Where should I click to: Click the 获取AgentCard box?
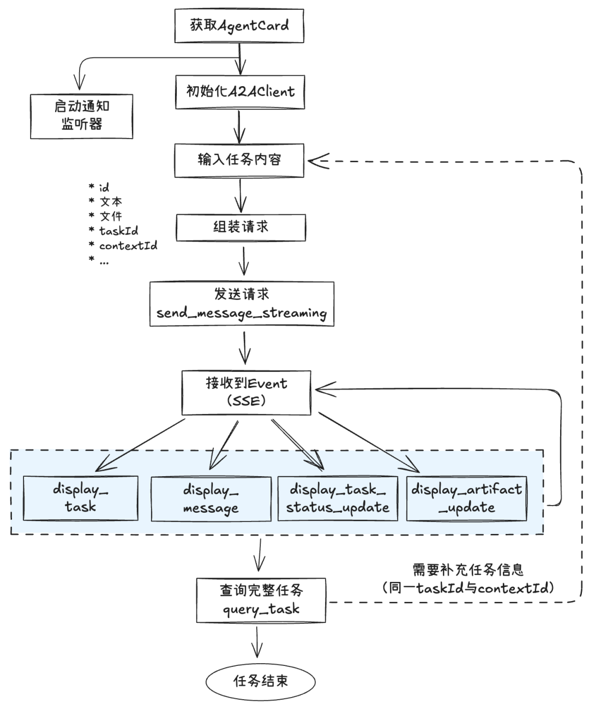(239, 26)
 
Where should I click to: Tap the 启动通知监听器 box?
(81, 116)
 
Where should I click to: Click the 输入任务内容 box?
(239, 160)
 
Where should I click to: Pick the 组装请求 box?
(241, 227)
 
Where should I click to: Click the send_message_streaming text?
(242, 314)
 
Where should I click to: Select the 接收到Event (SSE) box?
(246, 393)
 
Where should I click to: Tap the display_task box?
(80, 498)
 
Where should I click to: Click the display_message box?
(211, 499)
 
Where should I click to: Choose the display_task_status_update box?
(338, 498)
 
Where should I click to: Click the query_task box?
(261, 600)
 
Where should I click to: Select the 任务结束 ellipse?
(261, 681)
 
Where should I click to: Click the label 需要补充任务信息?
(468, 570)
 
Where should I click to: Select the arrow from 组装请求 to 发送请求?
(244, 261)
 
